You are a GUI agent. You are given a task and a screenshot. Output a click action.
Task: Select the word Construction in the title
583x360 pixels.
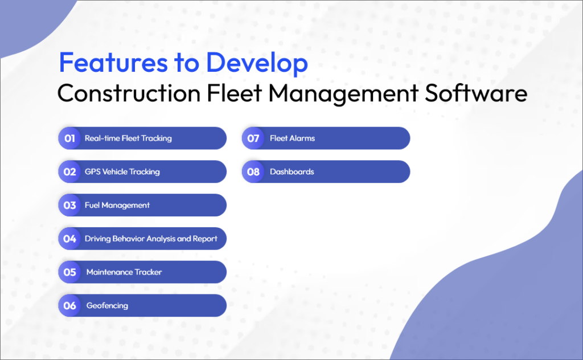click(x=129, y=92)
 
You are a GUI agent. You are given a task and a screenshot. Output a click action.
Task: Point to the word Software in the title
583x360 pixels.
click(x=474, y=92)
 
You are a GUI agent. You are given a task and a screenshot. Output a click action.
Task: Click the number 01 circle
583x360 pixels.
click(x=69, y=138)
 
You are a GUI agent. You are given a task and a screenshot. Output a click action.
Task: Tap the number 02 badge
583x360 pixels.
click(x=69, y=171)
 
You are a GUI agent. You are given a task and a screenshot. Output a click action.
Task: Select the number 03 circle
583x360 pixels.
click(x=69, y=205)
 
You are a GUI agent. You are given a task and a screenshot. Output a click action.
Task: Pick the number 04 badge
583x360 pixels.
click(x=69, y=239)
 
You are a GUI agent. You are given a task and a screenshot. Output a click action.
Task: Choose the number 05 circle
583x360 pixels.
click(x=69, y=272)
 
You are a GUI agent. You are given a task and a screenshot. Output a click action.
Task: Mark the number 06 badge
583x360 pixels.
click(x=69, y=305)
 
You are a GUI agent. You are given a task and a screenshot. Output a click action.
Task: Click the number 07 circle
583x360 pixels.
click(x=253, y=138)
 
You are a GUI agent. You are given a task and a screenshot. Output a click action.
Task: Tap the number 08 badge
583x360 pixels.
click(x=253, y=171)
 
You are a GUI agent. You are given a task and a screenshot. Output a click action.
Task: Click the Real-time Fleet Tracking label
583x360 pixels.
click(x=128, y=138)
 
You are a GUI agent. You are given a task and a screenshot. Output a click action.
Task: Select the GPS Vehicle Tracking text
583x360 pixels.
click(x=122, y=171)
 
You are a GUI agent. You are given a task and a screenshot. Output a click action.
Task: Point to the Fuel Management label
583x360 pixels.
click(x=117, y=205)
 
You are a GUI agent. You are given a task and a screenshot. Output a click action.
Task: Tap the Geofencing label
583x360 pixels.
click(x=107, y=305)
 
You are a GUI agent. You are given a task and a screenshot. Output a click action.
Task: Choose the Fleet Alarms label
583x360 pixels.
click(x=292, y=138)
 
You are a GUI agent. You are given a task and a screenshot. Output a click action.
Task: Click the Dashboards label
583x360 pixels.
click(x=291, y=171)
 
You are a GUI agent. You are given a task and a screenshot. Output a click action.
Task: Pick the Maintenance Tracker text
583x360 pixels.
click(x=124, y=272)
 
